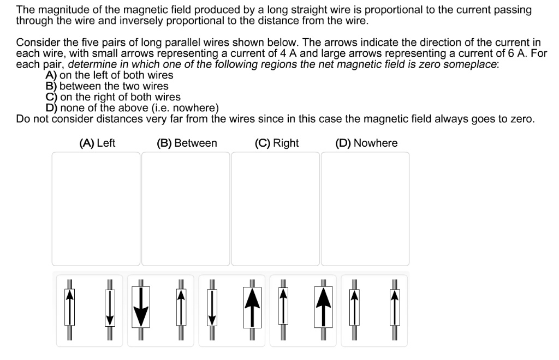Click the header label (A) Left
click(97, 143)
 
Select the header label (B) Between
click(187, 143)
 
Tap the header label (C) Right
click(277, 143)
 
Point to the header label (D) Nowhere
click(366, 143)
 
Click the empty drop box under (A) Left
click(96, 208)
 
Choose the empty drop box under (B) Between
click(186, 208)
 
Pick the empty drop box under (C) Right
click(275, 208)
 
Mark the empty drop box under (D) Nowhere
click(365, 208)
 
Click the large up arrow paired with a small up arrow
click(323, 309)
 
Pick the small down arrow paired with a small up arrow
click(110, 309)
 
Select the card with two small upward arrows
click(374, 310)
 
